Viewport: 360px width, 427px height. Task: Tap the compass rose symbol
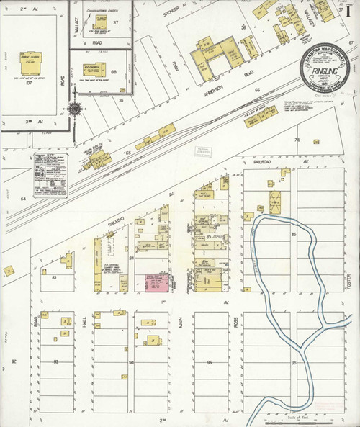[74, 110]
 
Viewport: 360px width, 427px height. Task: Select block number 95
[210, 361]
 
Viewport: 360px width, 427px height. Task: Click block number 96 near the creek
[293, 361]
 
